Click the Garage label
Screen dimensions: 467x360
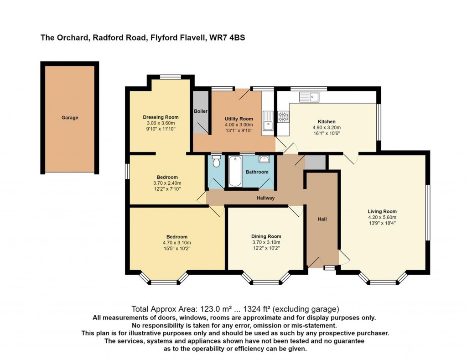[x=70, y=117]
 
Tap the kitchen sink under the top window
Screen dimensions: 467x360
[x=309, y=97]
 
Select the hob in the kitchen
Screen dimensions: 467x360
[x=283, y=116]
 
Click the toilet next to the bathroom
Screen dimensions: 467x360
[x=216, y=161]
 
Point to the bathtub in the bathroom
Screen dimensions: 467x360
[x=235, y=172]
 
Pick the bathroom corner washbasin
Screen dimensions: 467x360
[x=264, y=159]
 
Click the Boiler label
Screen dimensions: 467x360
[x=201, y=111]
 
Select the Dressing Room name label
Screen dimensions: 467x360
[x=161, y=117]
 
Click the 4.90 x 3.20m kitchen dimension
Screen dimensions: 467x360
[x=327, y=128]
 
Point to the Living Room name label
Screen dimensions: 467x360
[x=382, y=211]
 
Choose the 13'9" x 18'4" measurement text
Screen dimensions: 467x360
[x=382, y=223]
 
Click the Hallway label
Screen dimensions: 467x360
[x=266, y=198]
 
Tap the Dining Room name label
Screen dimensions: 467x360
[x=266, y=236]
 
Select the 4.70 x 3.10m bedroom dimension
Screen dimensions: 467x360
[x=177, y=243]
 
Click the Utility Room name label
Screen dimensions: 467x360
[x=239, y=119]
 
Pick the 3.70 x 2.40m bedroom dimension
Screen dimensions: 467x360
[x=167, y=183]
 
